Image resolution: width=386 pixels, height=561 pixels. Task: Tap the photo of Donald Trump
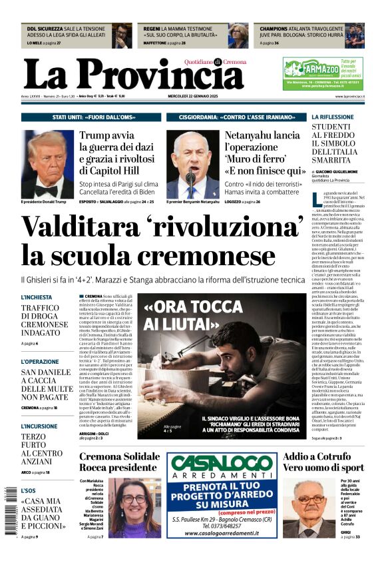[47, 164]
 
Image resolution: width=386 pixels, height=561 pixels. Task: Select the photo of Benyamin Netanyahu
[192, 164]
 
